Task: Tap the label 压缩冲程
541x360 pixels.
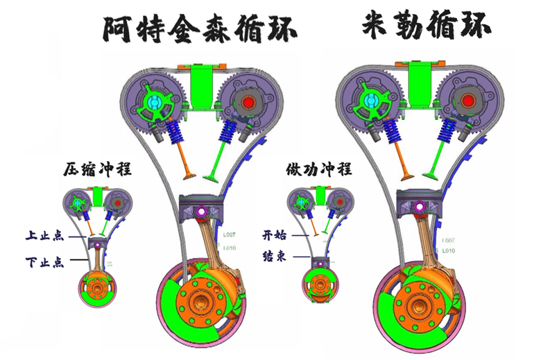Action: click(96, 169)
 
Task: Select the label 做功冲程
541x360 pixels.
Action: click(319, 169)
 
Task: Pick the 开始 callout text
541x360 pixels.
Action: click(274, 234)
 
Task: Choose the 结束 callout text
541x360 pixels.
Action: click(274, 257)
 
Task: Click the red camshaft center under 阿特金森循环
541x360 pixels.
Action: click(248, 103)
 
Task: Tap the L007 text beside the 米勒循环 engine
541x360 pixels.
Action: click(447, 239)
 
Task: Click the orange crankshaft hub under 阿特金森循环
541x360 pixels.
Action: click(200, 304)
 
